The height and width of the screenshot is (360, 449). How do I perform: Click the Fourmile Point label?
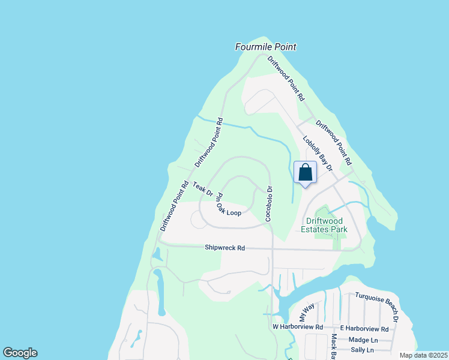pos(266,47)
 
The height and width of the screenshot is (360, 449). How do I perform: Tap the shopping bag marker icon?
pos(305,173)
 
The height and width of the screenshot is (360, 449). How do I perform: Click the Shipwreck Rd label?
pos(224,247)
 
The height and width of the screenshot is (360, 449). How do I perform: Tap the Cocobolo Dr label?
pos(270,203)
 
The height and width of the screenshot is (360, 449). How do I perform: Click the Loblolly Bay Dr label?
pos(317,154)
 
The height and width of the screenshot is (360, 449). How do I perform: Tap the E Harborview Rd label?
pos(364,328)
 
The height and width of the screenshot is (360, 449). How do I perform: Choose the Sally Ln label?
pos(362,350)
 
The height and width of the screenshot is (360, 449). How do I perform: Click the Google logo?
pos(20,353)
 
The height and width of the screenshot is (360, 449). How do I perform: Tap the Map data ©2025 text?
pos(423,355)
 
